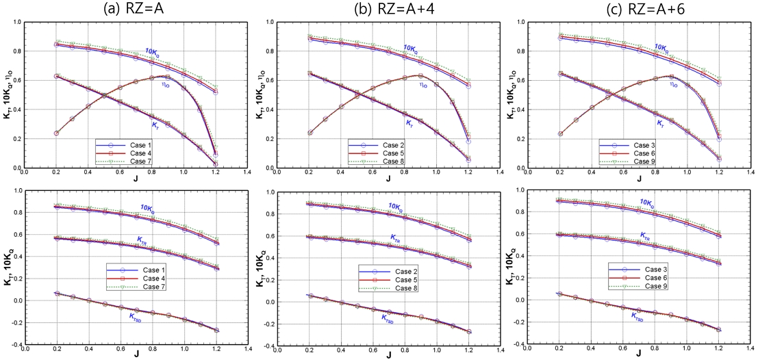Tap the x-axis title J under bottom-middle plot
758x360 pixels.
click(387, 355)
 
